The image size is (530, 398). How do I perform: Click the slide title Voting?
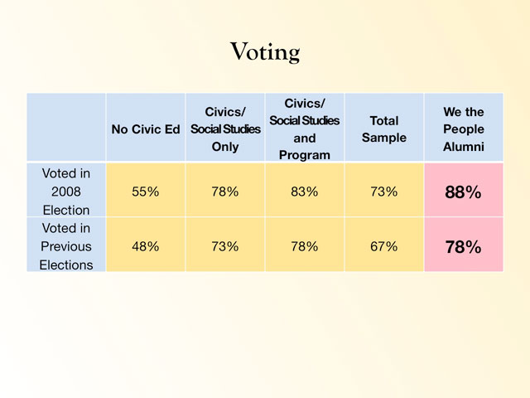(265, 52)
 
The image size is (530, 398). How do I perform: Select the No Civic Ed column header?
(146, 129)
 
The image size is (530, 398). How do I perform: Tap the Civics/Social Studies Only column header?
(225, 129)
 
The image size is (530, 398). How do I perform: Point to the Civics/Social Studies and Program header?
(304, 129)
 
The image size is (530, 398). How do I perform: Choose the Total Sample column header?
(384, 129)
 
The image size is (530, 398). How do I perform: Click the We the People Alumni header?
(463, 129)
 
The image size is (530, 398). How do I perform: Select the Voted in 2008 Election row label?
(66, 192)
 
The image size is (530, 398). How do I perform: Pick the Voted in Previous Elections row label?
(66, 246)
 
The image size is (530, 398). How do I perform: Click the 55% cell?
(146, 192)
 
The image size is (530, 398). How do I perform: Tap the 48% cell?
(146, 246)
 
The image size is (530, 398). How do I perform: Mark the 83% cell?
(304, 192)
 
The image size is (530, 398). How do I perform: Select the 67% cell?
(384, 246)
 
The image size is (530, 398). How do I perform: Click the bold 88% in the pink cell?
(463, 192)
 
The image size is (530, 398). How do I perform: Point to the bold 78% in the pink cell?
(463, 247)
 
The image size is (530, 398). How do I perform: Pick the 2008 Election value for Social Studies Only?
(225, 192)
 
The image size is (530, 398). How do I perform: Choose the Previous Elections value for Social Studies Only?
(225, 246)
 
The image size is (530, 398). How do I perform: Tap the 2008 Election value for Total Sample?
(384, 192)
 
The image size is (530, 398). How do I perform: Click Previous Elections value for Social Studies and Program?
(304, 246)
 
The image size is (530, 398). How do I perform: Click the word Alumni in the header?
(463, 147)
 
